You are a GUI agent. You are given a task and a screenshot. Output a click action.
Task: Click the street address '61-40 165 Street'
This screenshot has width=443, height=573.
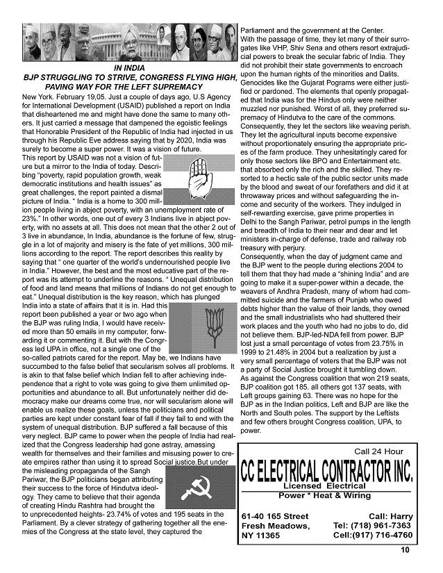point(274,516)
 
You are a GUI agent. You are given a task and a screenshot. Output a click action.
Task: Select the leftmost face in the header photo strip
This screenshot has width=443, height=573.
point(32,42)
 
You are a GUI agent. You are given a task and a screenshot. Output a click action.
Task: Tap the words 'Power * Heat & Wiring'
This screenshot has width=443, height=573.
point(324,496)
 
